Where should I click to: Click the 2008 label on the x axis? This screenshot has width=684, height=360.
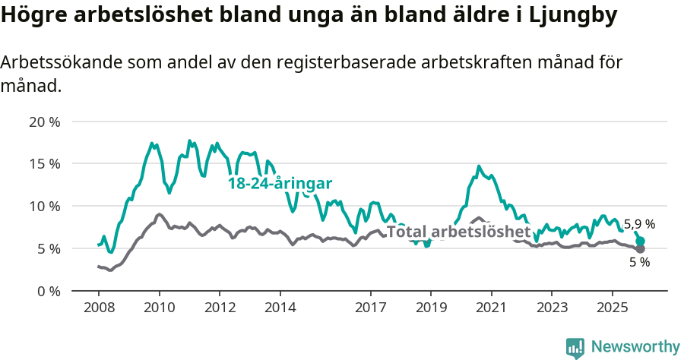tap(99, 308)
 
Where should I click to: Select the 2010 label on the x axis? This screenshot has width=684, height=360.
tap(159, 308)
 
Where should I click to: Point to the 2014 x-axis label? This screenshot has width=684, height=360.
tap(280, 308)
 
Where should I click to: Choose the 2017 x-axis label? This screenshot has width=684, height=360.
tap(370, 308)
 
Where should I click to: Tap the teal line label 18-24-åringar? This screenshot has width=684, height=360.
tap(280, 183)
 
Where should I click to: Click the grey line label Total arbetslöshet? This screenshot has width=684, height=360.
tap(458, 232)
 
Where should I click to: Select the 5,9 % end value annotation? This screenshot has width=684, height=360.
tap(639, 225)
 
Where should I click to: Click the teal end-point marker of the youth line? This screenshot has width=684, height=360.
tap(641, 241)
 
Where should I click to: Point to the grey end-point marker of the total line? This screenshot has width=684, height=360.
tap(641, 249)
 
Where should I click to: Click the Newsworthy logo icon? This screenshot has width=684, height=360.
tap(575, 347)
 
